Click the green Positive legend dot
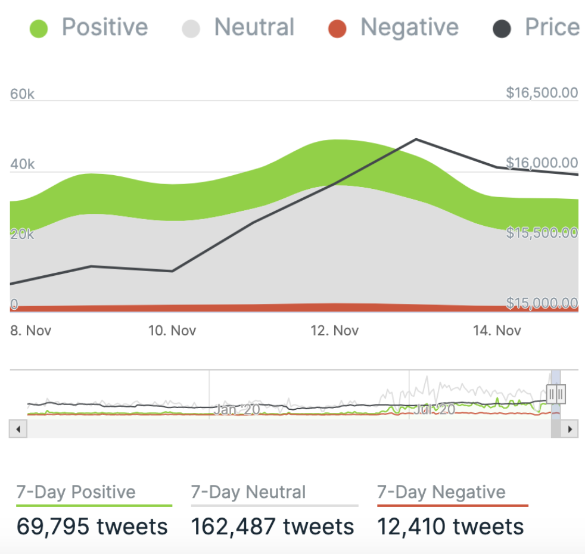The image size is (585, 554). point(39,29)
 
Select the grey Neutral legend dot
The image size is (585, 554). point(191,29)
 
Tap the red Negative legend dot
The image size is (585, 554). point(337,29)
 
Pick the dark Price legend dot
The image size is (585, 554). point(502,29)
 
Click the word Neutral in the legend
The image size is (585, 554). point(254,27)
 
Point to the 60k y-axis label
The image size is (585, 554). point(23,94)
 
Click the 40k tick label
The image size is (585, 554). point(23,164)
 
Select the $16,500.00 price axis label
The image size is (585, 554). point(542,93)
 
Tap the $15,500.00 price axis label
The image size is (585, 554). point(542,232)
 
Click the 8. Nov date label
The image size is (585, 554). point(31,330)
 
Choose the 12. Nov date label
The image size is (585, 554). point(335,330)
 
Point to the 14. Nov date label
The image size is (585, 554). point(497,330)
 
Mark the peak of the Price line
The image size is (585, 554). point(416,139)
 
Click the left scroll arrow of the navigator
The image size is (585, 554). point(18,428)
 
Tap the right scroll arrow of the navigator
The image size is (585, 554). point(570,428)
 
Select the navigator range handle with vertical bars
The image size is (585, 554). point(556,393)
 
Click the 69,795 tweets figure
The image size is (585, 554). point(92,527)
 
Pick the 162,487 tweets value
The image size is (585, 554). point(272,527)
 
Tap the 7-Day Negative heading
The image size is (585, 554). point(441,492)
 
